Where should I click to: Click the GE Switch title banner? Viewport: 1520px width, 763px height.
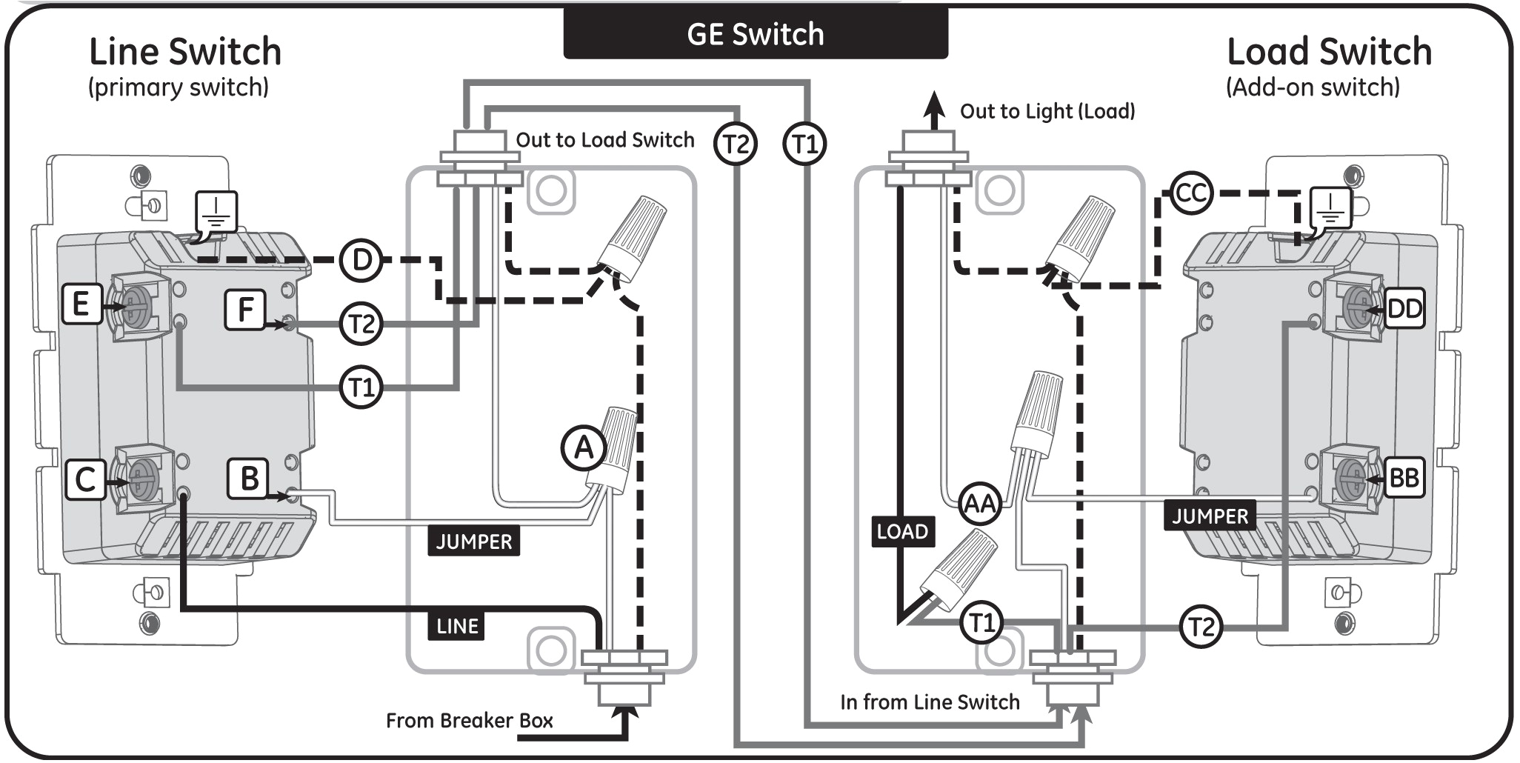point(755,34)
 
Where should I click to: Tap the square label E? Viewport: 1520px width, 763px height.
point(81,304)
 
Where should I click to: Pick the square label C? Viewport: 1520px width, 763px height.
point(85,479)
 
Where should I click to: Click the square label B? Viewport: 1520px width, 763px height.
point(248,479)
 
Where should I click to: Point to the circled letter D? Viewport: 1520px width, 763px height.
point(361,260)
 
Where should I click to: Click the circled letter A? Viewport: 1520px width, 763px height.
point(584,448)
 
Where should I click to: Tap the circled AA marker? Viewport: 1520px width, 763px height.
point(979,504)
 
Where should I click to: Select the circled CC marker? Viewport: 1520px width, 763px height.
point(1191,193)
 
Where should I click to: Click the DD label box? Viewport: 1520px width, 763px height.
point(1404,309)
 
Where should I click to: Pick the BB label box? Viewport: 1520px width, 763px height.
point(1404,478)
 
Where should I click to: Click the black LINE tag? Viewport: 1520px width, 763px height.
point(456,627)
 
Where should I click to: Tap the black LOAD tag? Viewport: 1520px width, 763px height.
point(901,531)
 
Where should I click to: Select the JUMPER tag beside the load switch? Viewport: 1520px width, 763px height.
point(1210,516)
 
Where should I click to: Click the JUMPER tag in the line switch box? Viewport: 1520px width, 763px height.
point(473,542)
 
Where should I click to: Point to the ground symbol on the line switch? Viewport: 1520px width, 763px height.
point(216,211)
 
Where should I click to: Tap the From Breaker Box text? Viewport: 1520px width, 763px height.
point(469,721)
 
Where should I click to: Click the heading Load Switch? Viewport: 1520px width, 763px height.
point(1329,52)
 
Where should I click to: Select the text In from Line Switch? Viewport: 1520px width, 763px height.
point(930,702)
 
